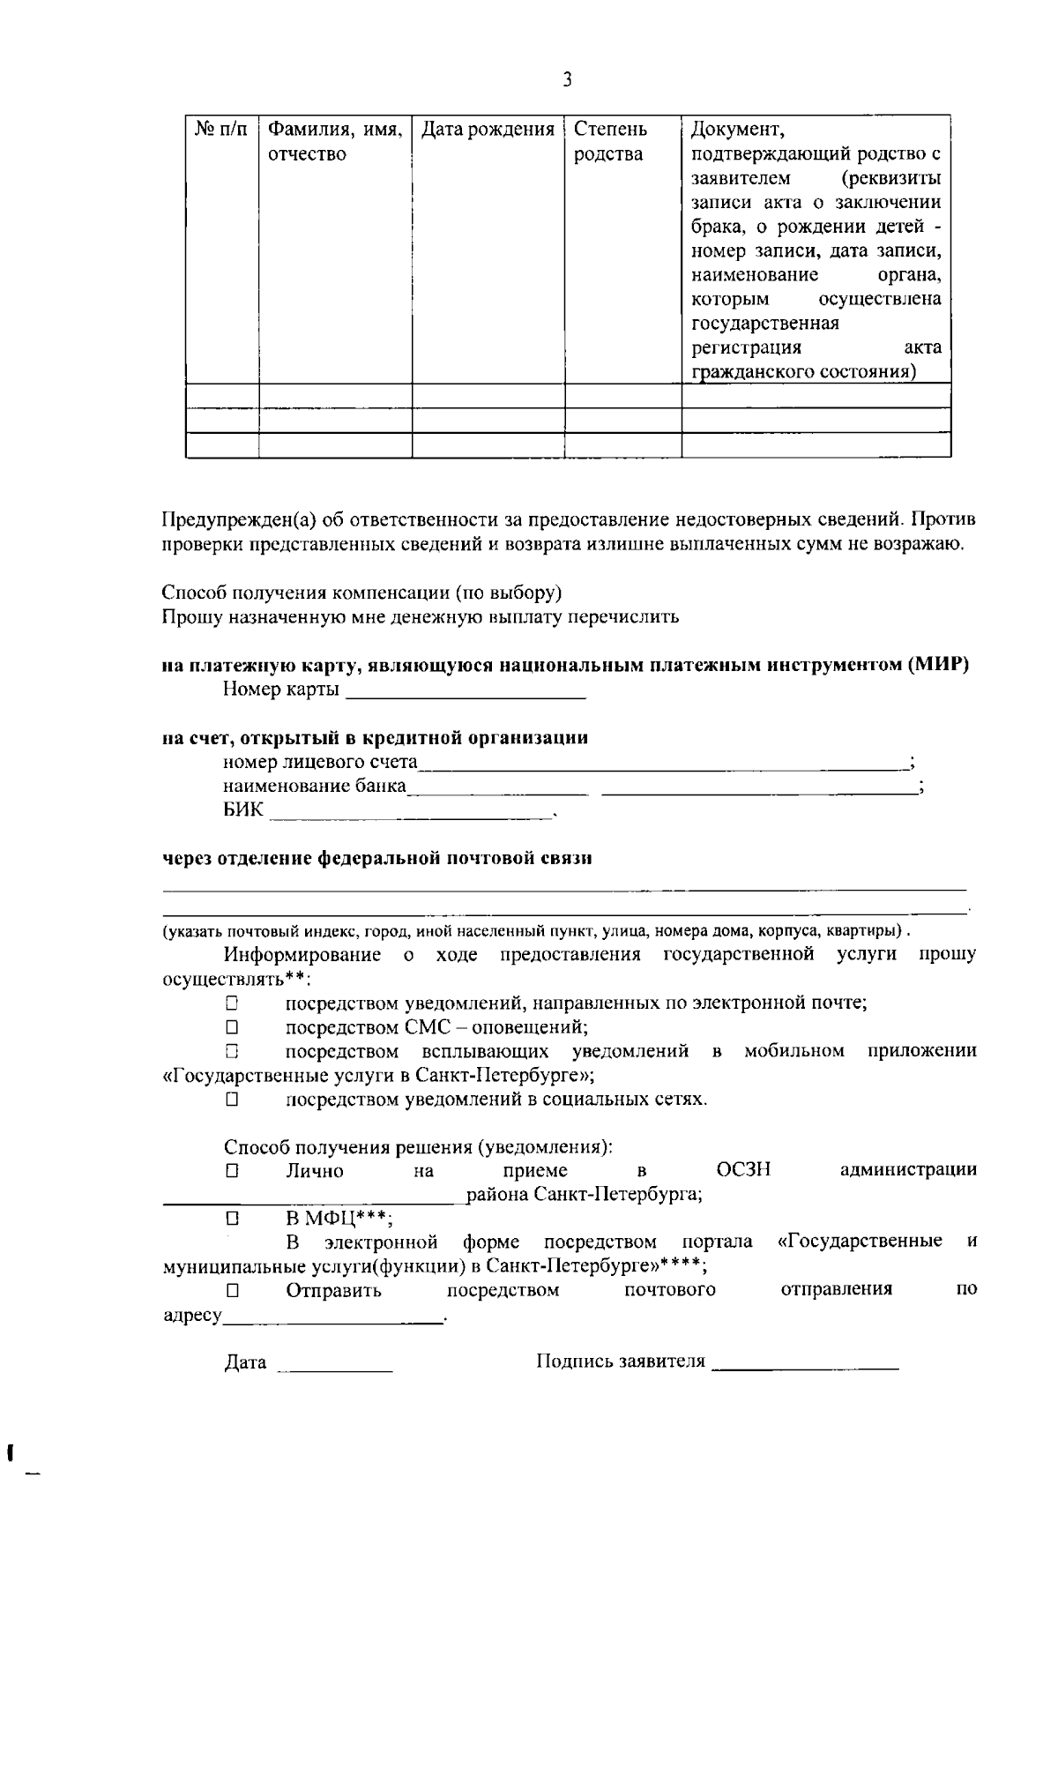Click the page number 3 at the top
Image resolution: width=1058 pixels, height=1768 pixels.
(x=567, y=80)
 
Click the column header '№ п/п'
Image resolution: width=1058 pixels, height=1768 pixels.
(x=220, y=130)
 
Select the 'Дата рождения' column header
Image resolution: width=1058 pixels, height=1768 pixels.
(x=488, y=130)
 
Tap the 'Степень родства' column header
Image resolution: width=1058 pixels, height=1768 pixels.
(x=610, y=142)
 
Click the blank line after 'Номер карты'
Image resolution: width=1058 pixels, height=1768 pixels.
(x=466, y=691)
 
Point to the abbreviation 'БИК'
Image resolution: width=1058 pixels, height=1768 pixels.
(x=242, y=809)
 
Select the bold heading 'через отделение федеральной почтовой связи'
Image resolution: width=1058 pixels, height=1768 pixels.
(x=376, y=858)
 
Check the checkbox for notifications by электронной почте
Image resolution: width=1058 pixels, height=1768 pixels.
(x=232, y=1003)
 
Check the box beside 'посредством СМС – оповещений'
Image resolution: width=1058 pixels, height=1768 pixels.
(x=232, y=1027)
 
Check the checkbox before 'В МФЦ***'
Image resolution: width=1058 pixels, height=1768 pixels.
(x=232, y=1220)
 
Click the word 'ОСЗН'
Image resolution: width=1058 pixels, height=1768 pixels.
(x=743, y=1171)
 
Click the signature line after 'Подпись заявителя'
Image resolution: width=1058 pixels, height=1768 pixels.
(x=804, y=1363)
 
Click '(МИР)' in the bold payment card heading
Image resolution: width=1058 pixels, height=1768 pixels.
(x=938, y=666)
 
